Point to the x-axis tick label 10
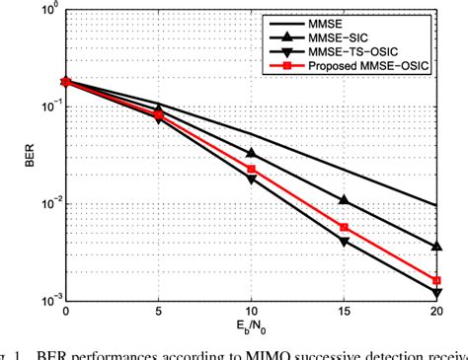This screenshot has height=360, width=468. tap(252, 311)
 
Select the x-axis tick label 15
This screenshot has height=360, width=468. tap(344, 311)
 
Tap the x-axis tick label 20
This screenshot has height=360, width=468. tap(435, 311)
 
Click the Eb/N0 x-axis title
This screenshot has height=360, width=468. tap(251, 330)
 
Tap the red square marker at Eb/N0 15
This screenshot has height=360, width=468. tap(344, 227)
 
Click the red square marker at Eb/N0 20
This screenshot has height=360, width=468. tap(435, 280)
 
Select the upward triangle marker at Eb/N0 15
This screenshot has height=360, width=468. tap(344, 200)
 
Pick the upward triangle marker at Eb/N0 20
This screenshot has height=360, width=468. tap(435, 247)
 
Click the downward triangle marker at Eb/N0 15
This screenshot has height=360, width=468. tap(344, 241)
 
